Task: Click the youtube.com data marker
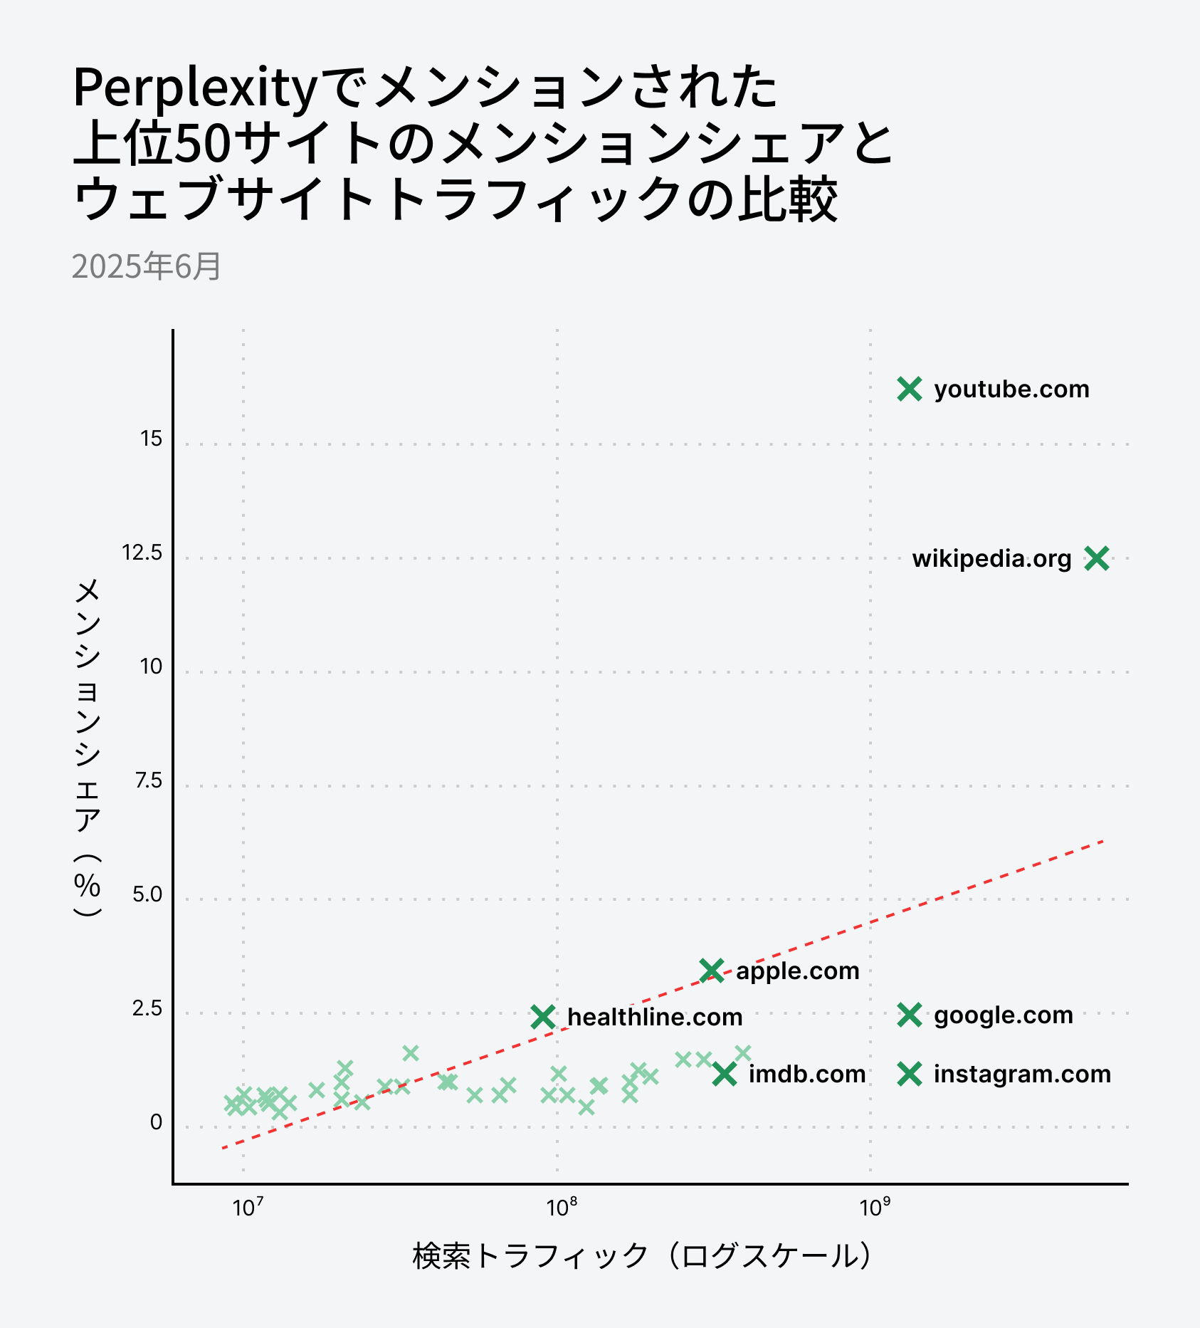[x=910, y=389]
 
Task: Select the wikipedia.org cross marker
[x=1097, y=559]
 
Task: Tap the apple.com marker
[x=711, y=971]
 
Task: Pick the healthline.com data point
[x=543, y=1017]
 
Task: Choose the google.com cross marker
[x=910, y=1015]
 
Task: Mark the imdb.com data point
[x=725, y=1074]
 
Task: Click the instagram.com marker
[x=910, y=1074]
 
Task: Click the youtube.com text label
[x=1011, y=389]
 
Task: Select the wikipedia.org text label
[x=991, y=559]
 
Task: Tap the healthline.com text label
[x=655, y=1017]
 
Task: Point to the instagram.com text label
[x=1022, y=1074]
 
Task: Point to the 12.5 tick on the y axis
[x=142, y=553]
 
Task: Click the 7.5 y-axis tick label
[x=148, y=780]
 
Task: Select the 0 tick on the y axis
[x=156, y=1122]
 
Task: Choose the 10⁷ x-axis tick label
[x=248, y=1208]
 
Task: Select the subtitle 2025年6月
[x=147, y=267]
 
